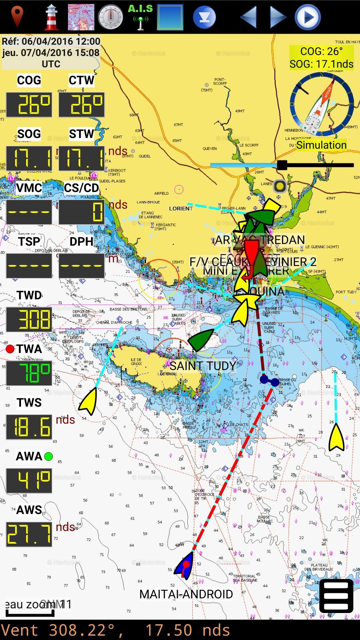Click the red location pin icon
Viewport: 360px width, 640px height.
17,17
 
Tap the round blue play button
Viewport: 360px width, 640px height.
308,17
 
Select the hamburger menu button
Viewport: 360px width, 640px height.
336,596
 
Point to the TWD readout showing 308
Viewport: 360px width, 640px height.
29,319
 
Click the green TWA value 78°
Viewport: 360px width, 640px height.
29,373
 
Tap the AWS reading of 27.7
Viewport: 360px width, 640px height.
29,534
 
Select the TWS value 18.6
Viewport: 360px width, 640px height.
29,427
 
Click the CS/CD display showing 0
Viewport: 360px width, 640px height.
82,212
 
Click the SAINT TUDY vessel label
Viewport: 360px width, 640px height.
203,366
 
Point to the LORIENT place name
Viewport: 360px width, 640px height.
181,209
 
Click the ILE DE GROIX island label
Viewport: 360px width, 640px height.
136,362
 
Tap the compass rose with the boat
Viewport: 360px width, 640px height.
322,104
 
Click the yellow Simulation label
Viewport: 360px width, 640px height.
321,145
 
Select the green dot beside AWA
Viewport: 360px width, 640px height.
49,456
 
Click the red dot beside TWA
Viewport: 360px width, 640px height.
10,349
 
